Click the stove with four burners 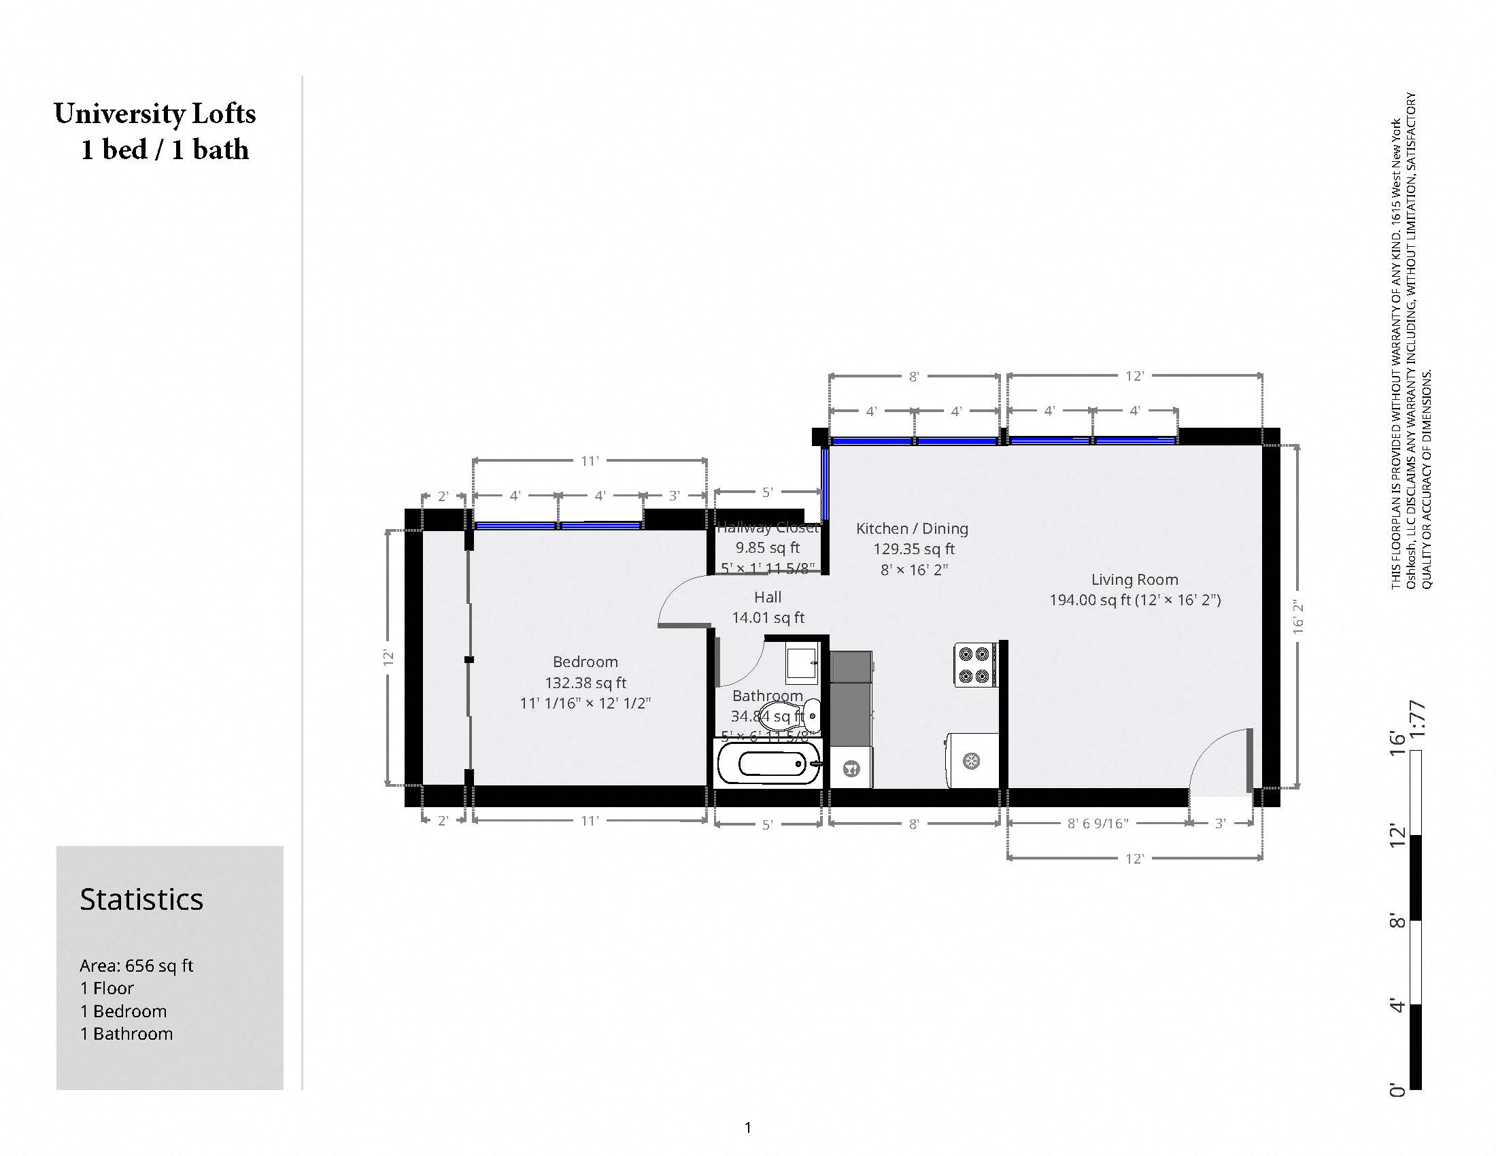click(x=974, y=665)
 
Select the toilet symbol click(x=794, y=715)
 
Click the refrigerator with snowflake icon click(x=971, y=760)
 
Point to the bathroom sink click(x=802, y=662)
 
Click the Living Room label click(x=1134, y=579)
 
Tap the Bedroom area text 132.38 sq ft click(x=585, y=683)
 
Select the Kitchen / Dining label click(x=912, y=528)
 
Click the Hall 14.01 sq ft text click(x=768, y=617)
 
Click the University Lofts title click(x=155, y=114)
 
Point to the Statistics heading click(x=141, y=899)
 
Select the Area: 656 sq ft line click(x=136, y=966)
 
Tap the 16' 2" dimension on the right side click(x=1298, y=616)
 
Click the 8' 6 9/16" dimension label click(x=1098, y=823)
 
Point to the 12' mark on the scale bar click(x=1397, y=836)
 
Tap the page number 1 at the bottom click(x=747, y=1127)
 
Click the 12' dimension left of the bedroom click(x=388, y=658)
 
